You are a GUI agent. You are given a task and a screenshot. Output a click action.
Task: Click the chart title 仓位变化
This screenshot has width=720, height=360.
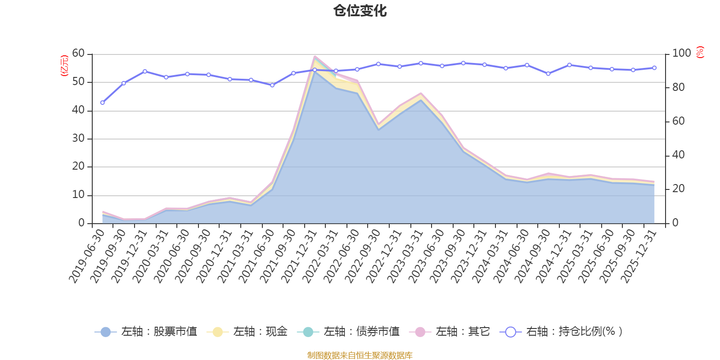pos(360,10)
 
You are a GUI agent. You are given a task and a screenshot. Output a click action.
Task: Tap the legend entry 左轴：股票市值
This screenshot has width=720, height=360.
pos(146,332)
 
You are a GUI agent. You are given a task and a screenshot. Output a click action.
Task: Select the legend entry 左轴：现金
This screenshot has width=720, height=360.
pos(247,332)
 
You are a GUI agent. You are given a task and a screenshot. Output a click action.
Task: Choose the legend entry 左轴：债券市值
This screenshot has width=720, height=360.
pos(348,332)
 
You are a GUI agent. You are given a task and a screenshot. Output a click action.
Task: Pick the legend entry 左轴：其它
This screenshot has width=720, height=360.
pos(450,332)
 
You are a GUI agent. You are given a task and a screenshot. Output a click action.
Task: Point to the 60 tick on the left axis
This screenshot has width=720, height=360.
pos(78,53)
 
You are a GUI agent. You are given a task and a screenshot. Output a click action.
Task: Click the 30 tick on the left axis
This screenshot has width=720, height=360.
pos(78,138)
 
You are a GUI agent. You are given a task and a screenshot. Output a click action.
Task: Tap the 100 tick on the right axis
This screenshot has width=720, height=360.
pos(681,53)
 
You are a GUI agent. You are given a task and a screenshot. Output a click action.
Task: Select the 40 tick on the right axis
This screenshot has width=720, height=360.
pos(678,155)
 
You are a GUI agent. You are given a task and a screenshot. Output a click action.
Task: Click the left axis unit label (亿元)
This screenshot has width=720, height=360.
pos(64,66)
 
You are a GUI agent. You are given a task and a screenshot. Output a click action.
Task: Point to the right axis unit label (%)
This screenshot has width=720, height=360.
pos(700,52)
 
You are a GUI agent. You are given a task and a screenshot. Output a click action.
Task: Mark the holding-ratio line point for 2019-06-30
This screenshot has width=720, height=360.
pos(103,103)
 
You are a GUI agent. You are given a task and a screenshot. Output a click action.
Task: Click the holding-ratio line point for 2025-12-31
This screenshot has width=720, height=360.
pos(654,68)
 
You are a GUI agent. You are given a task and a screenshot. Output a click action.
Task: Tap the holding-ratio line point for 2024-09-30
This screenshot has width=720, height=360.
pos(548,73)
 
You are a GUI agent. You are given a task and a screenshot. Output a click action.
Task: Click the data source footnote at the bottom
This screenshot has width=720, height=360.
pos(360,355)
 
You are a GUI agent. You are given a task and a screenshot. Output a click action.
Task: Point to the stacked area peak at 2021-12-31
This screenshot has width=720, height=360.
pos(315,56)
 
